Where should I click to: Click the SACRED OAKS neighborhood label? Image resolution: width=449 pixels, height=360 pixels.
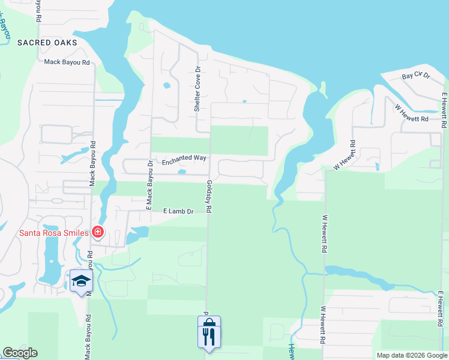pyautogui.click(x=47, y=43)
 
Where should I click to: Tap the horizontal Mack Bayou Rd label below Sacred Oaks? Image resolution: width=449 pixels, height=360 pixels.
pyautogui.click(x=67, y=62)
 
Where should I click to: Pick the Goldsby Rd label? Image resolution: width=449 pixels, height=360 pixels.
pyautogui.click(x=209, y=197)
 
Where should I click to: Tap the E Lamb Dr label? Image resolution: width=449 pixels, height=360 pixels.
pyautogui.click(x=178, y=211)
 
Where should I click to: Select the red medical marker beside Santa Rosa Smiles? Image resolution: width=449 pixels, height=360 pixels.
pyautogui.click(x=97, y=232)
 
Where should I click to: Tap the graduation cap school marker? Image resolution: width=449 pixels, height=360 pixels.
pyautogui.click(x=82, y=281)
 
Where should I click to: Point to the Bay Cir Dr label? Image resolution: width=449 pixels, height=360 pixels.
pyautogui.click(x=417, y=76)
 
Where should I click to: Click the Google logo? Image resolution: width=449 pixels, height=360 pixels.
pyautogui.click(x=20, y=353)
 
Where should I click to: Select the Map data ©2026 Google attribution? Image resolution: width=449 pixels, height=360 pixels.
pyautogui.click(x=412, y=355)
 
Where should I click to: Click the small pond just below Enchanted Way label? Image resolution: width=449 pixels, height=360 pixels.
pyautogui.click(x=182, y=173)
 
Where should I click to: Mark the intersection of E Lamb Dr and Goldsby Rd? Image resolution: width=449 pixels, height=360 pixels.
pyautogui.click(x=208, y=211)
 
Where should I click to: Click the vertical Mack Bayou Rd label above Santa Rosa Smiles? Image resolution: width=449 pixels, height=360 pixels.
pyautogui.click(x=93, y=163)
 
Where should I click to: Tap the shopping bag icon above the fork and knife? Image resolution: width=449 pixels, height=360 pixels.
pyautogui.click(x=209, y=322)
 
